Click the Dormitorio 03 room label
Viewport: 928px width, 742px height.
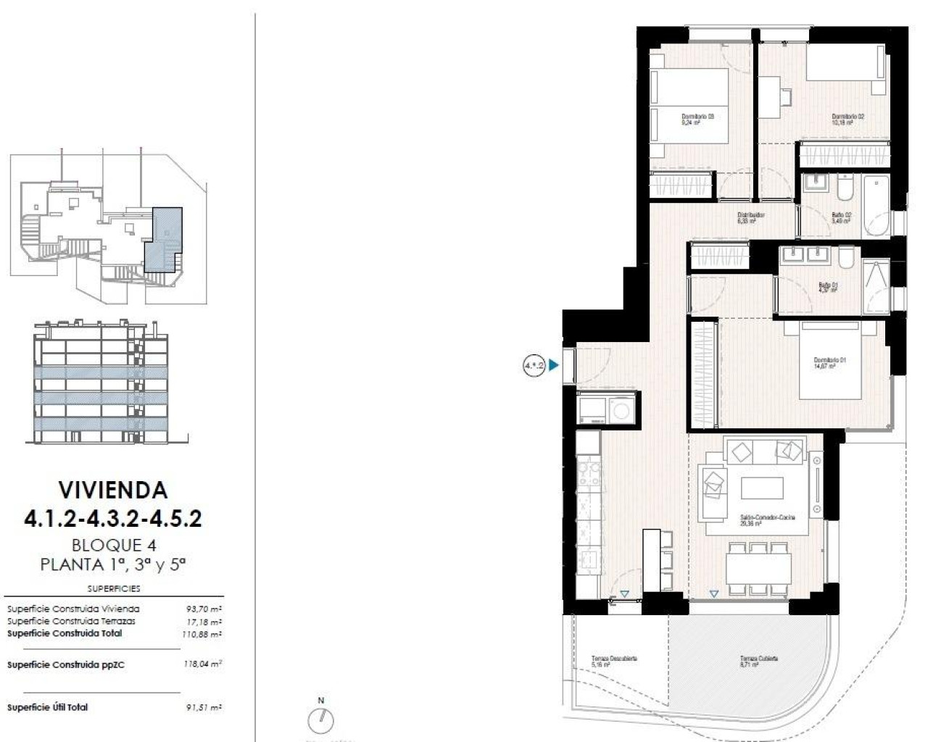click(697, 120)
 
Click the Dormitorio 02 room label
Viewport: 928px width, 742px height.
click(848, 120)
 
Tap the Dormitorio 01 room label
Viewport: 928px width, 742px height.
click(829, 363)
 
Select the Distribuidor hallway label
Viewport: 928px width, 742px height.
click(751, 218)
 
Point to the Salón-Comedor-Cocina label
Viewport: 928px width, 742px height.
click(767, 520)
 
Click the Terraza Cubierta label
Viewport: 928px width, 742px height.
click(758, 662)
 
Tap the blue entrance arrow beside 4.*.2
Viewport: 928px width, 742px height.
click(555, 366)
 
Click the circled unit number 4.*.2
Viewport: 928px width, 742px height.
click(534, 366)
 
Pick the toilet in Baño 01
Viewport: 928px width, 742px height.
click(845, 258)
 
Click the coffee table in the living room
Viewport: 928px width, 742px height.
click(761, 488)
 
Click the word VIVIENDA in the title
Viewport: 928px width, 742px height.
click(113, 490)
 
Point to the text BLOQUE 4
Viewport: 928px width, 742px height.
click(113, 545)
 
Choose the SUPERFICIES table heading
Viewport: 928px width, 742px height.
click(113, 589)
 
